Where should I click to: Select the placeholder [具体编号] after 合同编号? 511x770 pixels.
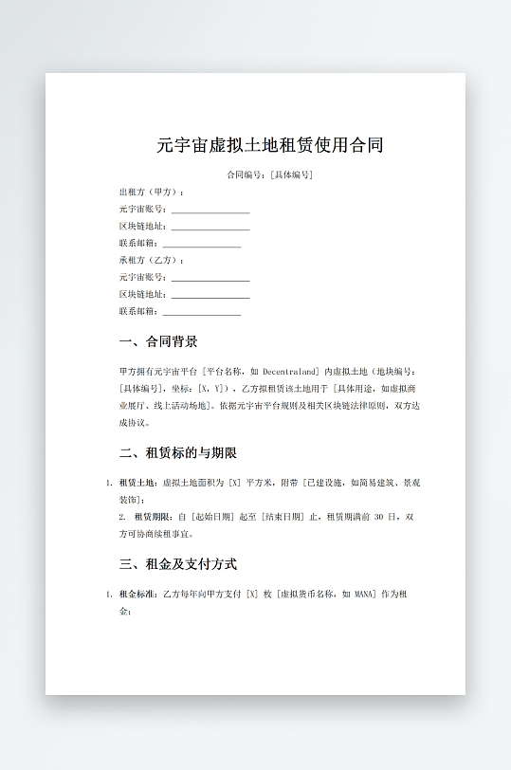291,175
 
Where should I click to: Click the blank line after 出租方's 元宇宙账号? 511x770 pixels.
210,210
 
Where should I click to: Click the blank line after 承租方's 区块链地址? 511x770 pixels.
210,295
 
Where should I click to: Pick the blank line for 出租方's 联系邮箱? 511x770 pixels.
202,244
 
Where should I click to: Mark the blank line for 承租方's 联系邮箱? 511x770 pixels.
202,312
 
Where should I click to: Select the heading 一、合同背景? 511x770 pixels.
158,341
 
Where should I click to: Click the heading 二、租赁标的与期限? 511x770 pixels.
178,453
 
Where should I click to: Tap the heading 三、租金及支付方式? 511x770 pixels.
178,564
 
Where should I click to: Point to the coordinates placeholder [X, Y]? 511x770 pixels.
210,389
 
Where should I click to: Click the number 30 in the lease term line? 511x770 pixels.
379,518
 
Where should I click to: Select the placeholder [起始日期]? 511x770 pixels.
213,518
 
